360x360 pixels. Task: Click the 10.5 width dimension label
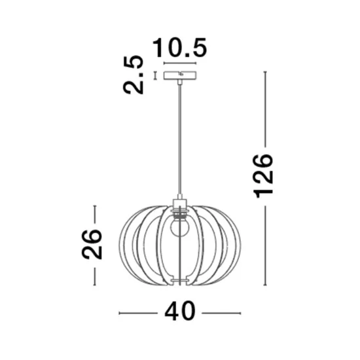coord(180,48)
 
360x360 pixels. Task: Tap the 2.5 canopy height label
coord(134,75)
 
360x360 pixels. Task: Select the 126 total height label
coord(263,176)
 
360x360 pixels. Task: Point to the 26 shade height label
coord(92,245)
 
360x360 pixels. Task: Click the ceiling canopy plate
coord(180,75)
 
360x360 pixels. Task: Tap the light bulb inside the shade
coord(179,227)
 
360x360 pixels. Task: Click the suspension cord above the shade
coord(180,139)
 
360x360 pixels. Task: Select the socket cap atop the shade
coord(180,202)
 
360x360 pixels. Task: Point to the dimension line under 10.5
coord(180,63)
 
